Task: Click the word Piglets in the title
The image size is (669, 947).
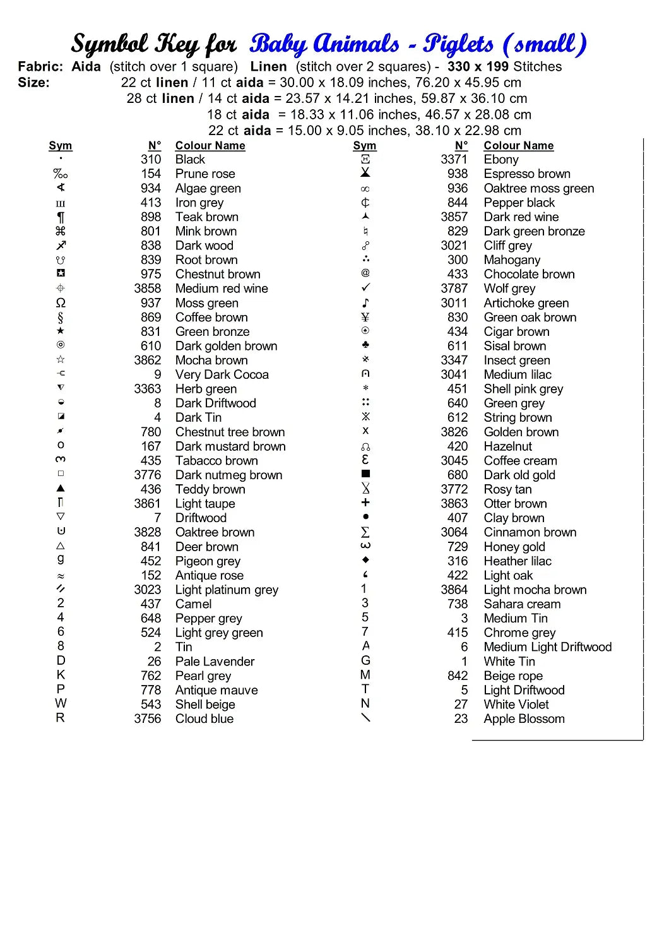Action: tap(458, 44)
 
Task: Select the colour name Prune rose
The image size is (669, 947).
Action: tap(205, 174)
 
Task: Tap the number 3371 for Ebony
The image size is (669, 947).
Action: tap(454, 159)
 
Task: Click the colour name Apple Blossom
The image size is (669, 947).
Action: tap(524, 718)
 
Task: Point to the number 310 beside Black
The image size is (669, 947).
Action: tap(151, 159)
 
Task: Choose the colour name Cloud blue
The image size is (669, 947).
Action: tap(204, 718)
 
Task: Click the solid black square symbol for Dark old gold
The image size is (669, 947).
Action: tap(365, 473)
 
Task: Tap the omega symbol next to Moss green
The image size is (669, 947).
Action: tap(61, 303)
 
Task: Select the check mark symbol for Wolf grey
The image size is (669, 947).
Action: tap(365, 288)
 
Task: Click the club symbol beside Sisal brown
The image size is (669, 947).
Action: tap(365, 345)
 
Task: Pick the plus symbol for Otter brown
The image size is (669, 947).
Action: tap(365, 503)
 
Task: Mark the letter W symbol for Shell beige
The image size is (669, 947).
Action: tap(61, 703)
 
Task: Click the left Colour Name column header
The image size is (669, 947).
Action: tap(210, 146)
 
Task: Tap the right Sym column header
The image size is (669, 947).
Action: tap(365, 146)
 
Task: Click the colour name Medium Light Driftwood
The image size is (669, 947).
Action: tap(548, 646)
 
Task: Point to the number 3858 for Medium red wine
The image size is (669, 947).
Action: tap(148, 289)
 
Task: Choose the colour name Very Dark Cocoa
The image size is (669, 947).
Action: tap(222, 374)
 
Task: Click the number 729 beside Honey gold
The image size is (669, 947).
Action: tap(458, 547)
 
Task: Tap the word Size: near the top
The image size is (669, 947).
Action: tap(33, 82)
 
